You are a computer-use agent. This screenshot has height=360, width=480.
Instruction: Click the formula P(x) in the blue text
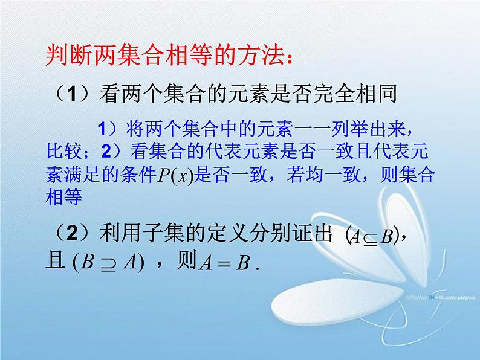(x=175, y=174)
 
